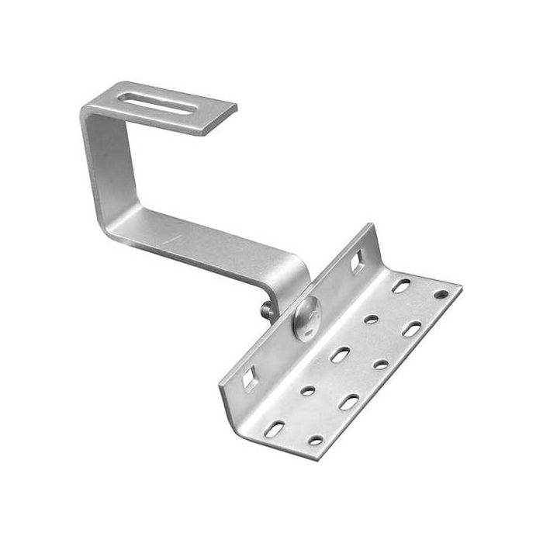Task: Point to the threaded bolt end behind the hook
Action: (x=268, y=310)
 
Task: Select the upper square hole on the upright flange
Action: (x=358, y=262)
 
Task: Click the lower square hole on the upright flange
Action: (x=250, y=379)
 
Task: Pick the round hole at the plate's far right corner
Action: (x=441, y=295)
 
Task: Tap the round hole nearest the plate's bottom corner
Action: (x=316, y=440)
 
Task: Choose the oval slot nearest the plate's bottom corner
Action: (x=274, y=428)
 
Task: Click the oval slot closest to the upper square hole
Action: (x=401, y=285)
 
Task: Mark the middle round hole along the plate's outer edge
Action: (x=381, y=364)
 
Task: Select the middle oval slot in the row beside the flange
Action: (x=340, y=355)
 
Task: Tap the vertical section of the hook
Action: (x=97, y=167)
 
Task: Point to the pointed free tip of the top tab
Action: (x=233, y=108)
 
